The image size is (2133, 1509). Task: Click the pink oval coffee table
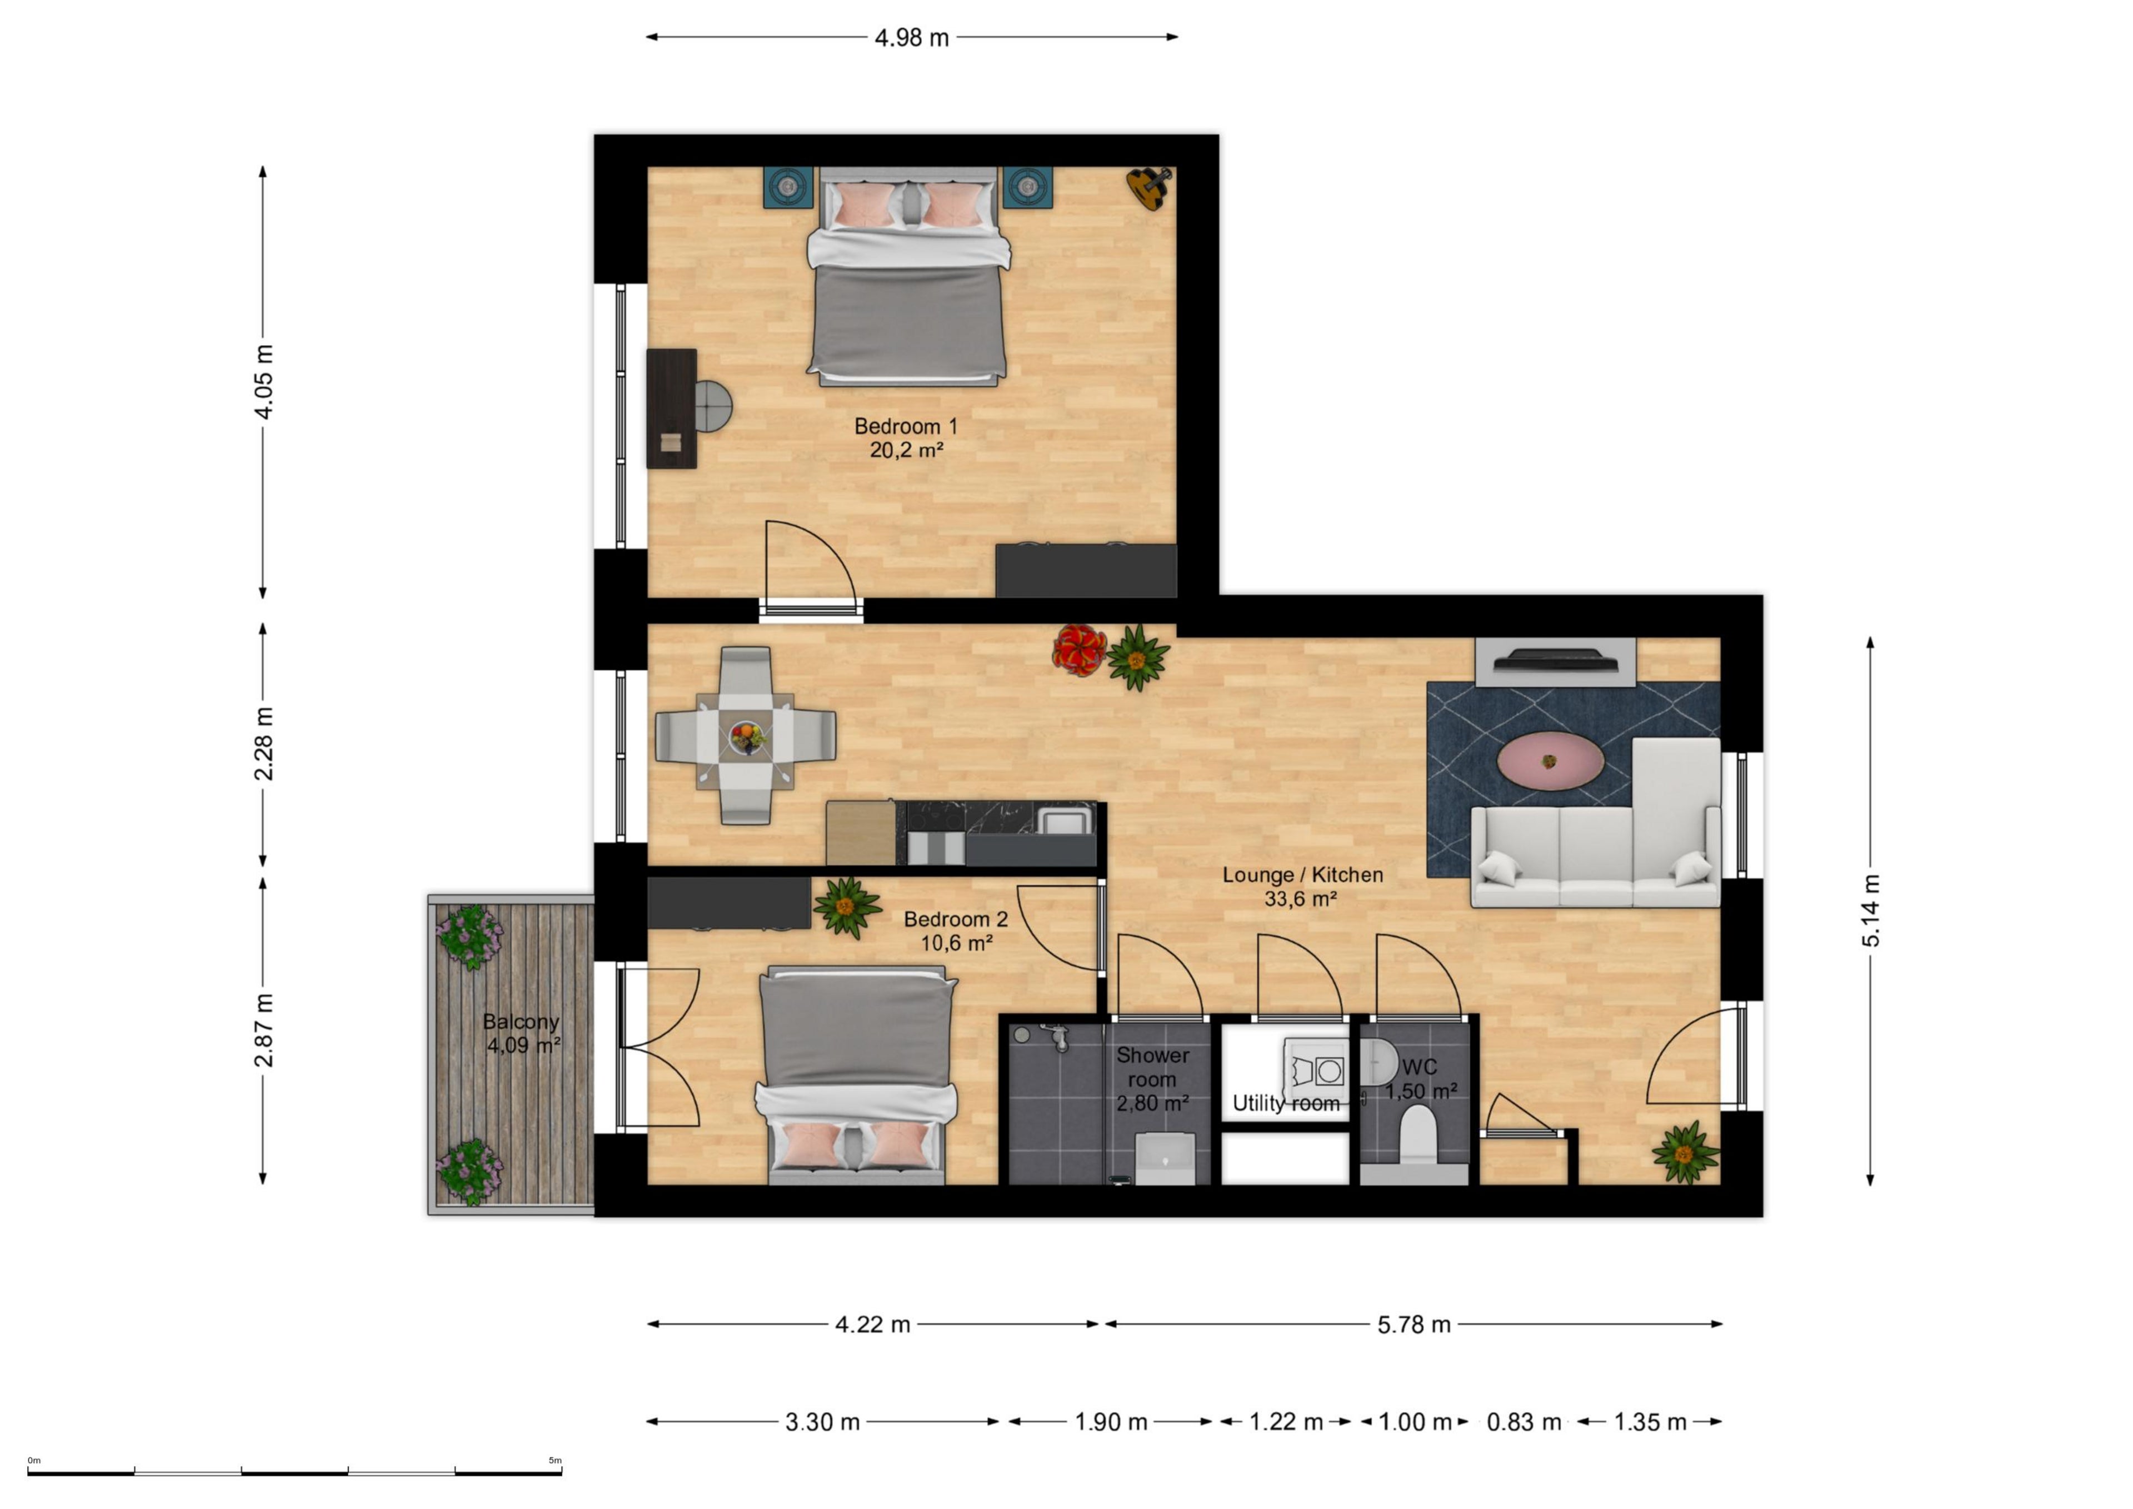[1550, 761]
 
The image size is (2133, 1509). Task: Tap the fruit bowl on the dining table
[747, 738]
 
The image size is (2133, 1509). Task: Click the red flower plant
[1078, 650]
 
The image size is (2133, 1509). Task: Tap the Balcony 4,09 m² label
[521, 1033]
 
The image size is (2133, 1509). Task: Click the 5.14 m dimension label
[1871, 910]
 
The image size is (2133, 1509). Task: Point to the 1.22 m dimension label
[1286, 1422]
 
